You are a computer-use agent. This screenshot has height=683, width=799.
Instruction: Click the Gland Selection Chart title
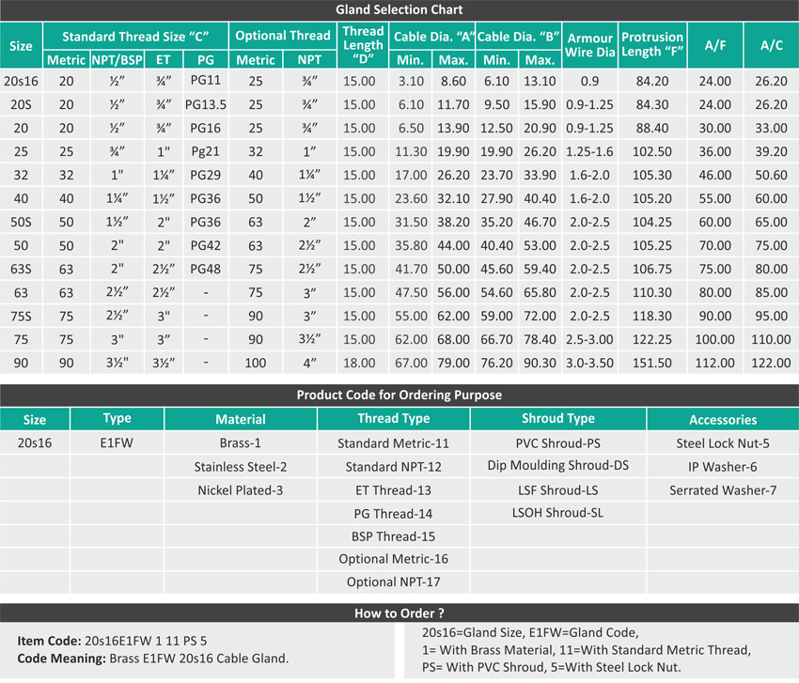[399, 10]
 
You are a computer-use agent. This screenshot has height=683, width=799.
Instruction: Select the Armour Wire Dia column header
[590, 44]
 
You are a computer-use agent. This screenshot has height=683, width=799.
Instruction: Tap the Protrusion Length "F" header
[652, 44]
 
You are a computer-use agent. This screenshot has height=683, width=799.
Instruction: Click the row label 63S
[20, 269]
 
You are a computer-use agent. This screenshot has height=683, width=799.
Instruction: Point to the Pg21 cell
[206, 151]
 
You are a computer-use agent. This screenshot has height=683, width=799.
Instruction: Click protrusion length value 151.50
[652, 363]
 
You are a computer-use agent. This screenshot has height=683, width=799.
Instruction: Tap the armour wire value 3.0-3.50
[590, 363]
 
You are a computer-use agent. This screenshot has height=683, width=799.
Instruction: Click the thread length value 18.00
[362, 363]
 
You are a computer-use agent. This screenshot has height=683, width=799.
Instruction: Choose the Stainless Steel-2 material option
[241, 467]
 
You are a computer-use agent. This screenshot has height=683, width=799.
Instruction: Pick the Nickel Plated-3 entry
[241, 490]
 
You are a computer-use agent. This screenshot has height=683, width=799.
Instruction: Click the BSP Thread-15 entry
[393, 536]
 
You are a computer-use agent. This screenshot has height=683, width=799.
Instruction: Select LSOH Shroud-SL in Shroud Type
[558, 513]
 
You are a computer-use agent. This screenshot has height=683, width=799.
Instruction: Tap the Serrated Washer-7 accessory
[723, 490]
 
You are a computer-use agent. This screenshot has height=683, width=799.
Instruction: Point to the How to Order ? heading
[399, 613]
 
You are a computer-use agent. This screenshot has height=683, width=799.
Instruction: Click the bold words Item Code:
[50, 640]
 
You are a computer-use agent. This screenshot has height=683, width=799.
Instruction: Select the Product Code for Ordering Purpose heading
[399, 395]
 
